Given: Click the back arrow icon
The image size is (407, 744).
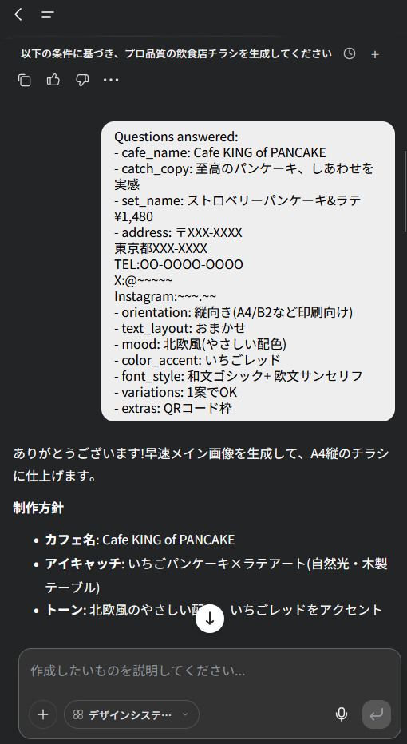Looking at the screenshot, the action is click(18, 14).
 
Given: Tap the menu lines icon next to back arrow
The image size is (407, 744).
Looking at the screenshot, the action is click(47, 14).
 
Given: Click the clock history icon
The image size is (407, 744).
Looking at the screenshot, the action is click(350, 53).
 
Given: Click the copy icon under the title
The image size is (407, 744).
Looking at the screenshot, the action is click(24, 80).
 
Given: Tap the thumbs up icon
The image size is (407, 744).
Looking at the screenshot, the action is click(53, 80).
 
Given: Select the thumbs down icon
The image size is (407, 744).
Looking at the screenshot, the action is click(82, 80).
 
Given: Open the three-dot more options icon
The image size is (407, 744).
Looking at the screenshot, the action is click(111, 80).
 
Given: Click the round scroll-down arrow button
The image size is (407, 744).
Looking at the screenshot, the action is click(210, 619).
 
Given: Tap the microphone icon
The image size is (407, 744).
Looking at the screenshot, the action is click(342, 714).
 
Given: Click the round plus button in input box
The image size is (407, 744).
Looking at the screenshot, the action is click(43, 714).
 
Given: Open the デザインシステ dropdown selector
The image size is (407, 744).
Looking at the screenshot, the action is click(132, 714).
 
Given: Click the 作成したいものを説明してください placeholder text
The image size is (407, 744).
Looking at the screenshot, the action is click(138, 671).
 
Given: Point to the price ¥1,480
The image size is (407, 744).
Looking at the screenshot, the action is click(134, 217).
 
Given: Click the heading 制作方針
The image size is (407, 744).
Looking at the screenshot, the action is click(38, 509).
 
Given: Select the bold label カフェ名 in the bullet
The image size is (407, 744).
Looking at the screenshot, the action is click(71, 540).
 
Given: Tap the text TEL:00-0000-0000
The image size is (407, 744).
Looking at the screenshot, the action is click(179, 264).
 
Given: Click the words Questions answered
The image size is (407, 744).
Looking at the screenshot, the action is click(176, 137).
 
